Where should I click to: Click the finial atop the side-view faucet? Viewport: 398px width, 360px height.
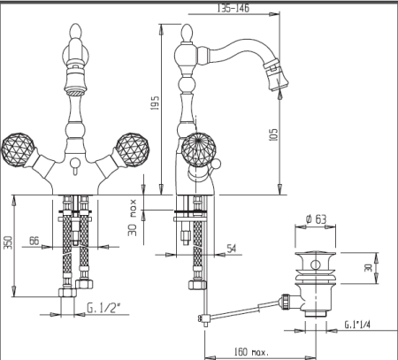click(187, 33)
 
